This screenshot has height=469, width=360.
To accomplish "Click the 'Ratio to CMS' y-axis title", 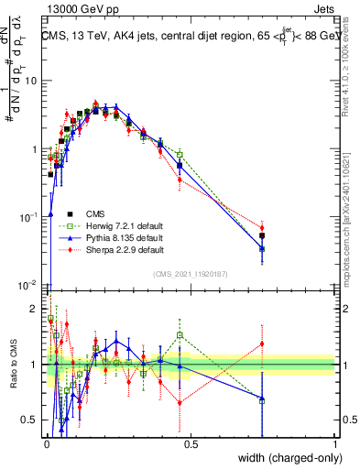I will click(13, 354).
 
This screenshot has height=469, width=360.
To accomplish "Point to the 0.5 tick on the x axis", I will click(191, 441).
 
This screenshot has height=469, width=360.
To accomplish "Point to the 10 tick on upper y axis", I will click(33, 82).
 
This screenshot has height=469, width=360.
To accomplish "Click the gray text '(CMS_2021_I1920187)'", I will click(191, 272).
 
